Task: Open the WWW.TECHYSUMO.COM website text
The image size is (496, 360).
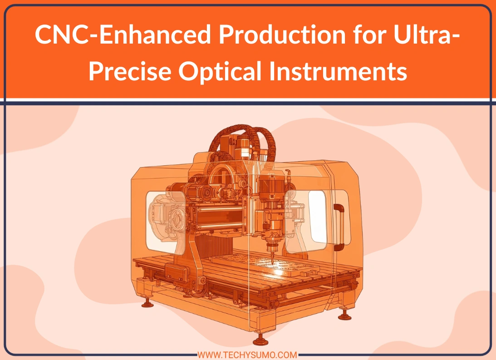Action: point(248,354)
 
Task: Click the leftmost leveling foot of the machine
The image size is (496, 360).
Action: point(147,303)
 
